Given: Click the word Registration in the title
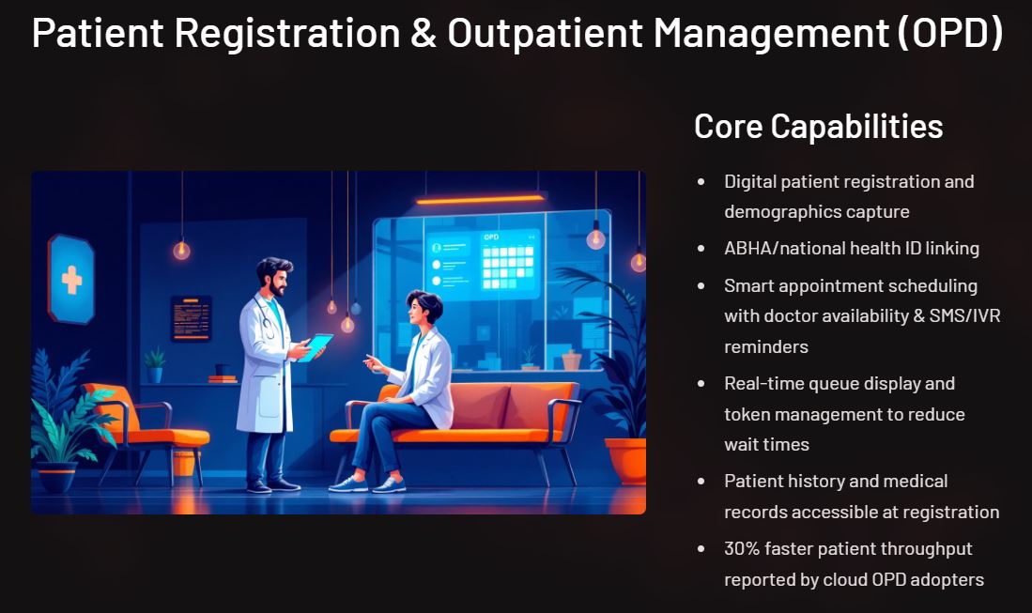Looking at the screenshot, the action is click(x=287, y=33).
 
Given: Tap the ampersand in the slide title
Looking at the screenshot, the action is click(x=424, y=34).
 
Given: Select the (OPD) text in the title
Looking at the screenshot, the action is click(x=950, y=33).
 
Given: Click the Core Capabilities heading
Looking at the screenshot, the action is click(x=818, y=127).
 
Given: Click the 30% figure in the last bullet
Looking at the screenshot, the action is click(x=742, y=548).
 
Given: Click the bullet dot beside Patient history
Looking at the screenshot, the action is click(x=701, y=482).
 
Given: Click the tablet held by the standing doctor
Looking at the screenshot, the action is click(x=316, y=346).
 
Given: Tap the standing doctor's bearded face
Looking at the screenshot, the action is click(x=277, y=280).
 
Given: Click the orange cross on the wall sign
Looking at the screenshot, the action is click(x=71, y=280).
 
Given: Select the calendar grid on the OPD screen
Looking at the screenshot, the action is click(x=508, y=267).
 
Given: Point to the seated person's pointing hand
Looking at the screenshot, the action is click(x=373, y=363).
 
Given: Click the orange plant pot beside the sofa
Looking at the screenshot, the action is click(x=626, y=459).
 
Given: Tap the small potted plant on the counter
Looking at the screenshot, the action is click(x=155, y=366).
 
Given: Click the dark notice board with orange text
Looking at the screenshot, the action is click(x=192, y=319).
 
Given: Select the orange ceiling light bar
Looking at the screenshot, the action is click(x=481, y=199).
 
